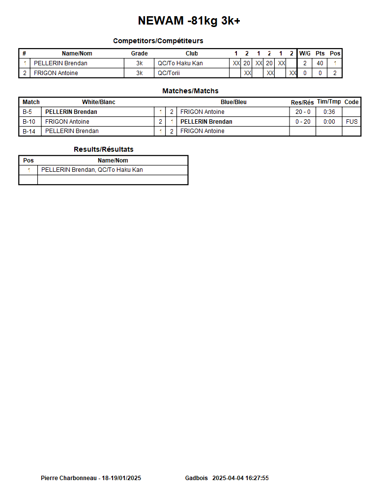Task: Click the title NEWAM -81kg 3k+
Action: tap(189, 21)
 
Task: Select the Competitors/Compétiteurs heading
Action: tap(158, 41)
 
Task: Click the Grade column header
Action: tap(139, 54)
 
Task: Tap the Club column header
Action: tap(192, 54)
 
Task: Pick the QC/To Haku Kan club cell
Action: tap(180, 63)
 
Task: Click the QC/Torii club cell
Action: tap(169, 73)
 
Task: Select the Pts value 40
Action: tap(320, 63)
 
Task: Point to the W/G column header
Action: tap(305, 54)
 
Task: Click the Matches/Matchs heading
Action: tap(190, 91)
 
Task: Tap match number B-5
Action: tap(28, 112)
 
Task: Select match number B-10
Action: tap(29, 122)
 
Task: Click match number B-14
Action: tap(29, 131)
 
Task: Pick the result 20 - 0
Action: tap(303, 112)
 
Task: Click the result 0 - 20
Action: tap(303, 122)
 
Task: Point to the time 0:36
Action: tap(329, 112)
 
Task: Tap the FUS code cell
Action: tap(351, 122)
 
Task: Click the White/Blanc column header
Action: tap(98, 102)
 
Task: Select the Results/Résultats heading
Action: tap(103, 149)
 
